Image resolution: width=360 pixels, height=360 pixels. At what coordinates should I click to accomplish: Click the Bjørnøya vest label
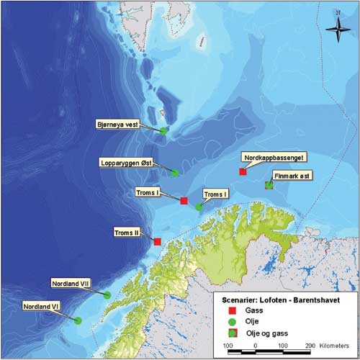pyautogui.click(x=117, y=124)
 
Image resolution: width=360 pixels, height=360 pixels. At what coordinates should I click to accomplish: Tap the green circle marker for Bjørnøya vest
pyautogui.click(x=164, y=130)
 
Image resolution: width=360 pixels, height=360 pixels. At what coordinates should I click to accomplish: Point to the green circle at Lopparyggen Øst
pyautogui.click(x=175, y=173)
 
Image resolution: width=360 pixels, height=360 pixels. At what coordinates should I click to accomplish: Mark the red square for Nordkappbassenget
pyautogui.click(x=243, y=171)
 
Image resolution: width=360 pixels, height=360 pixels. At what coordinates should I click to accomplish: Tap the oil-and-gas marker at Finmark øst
pyautogui.click(x=269, y=185)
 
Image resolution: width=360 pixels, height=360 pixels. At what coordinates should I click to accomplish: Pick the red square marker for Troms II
pyautogui.click(x=158, y=241)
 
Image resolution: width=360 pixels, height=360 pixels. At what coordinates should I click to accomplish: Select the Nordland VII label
pyautogui.click(x=70, y=284)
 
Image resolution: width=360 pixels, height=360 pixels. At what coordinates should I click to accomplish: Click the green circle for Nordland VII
pyautogui.click(x=107, y=294)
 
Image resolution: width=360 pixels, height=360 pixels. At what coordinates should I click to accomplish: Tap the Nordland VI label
pyautogui.click(x=41, y=306)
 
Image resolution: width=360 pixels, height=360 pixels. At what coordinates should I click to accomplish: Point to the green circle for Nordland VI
pyautogui.click(x=78, y=320)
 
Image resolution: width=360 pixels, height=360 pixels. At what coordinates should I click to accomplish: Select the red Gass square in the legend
pyautogui.click(x=232, y=307)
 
